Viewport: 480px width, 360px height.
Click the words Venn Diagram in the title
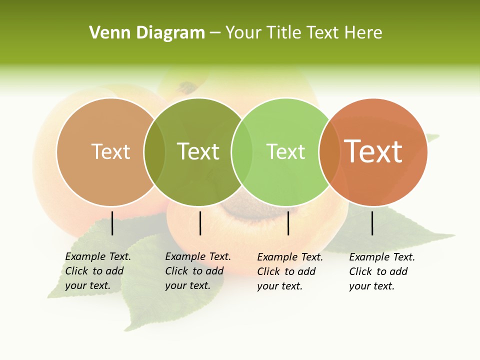(147, 33)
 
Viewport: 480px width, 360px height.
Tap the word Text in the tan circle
(110, 151)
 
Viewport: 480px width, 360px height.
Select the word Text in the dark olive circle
(198, 151)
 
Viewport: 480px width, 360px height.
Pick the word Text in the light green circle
(285, 151)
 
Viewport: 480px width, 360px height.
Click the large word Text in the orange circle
(373, 151)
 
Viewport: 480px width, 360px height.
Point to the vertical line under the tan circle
(112, 223)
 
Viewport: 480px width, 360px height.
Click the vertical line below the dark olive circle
(200, 223)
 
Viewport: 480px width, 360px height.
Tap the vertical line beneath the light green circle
(288, 223)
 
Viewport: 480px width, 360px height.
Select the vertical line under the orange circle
(372, 223)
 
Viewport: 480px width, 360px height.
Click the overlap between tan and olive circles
(154, 152)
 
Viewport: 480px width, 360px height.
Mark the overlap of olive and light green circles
(242, 152)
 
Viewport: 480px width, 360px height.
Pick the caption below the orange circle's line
(381, 271)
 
